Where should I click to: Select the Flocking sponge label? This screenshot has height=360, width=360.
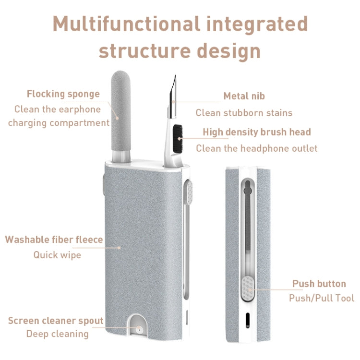(63, 94)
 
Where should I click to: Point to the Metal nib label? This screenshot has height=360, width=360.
(244, 96)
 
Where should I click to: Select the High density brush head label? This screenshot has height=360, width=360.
(256, 132)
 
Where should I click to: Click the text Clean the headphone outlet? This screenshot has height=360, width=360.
(256, 148)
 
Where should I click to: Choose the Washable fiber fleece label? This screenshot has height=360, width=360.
(54, 239)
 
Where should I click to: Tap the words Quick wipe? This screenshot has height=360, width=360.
(57, 255)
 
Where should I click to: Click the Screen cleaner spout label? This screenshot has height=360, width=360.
(55, 321)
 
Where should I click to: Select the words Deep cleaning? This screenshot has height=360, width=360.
(57, 334)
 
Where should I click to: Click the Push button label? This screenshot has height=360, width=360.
(319, 284)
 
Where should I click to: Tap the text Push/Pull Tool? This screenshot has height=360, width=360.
(321, 298)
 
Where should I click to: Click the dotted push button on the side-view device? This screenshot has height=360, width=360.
(248, 288)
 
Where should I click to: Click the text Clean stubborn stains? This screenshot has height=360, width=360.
(244, 113)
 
